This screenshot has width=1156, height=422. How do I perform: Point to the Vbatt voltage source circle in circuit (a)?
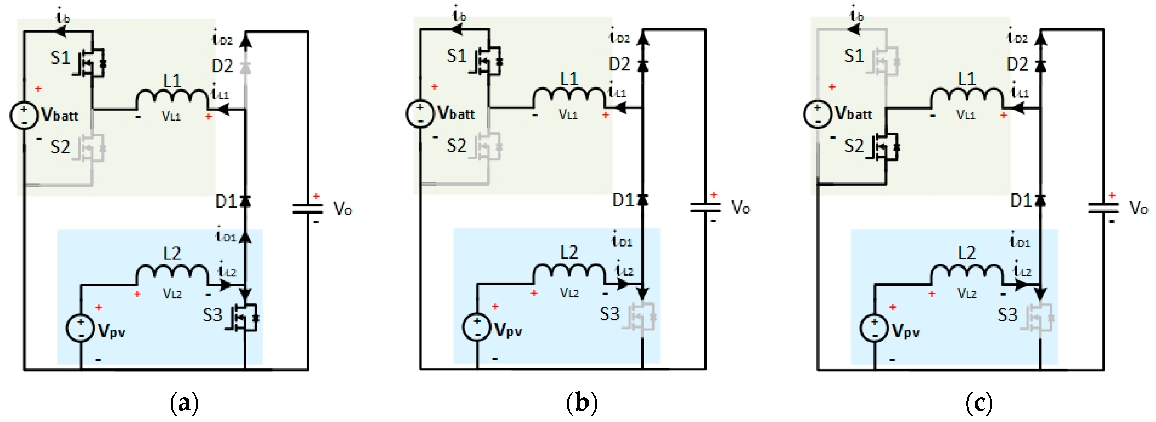(24, 116)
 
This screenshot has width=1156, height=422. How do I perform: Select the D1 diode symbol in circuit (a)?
(245, 201)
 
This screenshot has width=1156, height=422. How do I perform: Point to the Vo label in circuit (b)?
(740, 208)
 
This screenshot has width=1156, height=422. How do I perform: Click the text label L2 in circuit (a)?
(172, 253)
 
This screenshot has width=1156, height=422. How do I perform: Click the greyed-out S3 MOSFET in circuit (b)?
(642, 317)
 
